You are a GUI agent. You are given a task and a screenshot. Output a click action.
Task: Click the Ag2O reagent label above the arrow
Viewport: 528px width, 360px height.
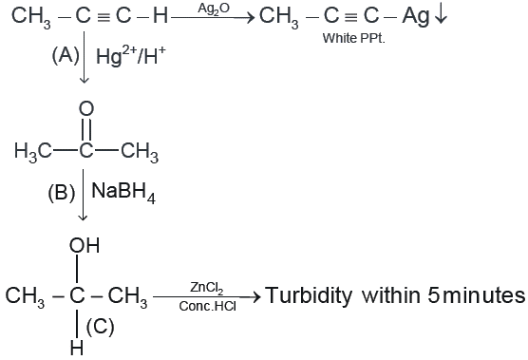click(x=214, y=9)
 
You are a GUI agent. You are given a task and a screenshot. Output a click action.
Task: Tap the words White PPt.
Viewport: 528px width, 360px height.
click(x=353, y=38)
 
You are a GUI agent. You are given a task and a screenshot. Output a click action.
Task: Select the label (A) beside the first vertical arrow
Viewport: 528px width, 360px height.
click(x=66, y=55)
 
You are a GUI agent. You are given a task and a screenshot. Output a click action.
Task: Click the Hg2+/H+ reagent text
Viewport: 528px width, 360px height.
click(x=131, y=55)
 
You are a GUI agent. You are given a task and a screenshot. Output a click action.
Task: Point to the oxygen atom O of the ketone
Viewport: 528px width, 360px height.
click(x=86, y=109)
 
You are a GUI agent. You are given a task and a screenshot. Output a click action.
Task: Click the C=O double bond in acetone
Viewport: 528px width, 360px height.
click(x=86, y=129)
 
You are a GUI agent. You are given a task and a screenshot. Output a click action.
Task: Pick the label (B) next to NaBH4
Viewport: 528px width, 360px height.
click(x=62, y=193)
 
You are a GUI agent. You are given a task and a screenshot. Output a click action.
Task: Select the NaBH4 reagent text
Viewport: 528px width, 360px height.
click(x=123, y=193)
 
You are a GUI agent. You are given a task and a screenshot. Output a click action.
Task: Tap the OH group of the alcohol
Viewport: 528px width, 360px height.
click(x=85, y=245)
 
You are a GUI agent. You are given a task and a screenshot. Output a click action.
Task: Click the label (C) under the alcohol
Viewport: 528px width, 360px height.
click(x=101, y=327)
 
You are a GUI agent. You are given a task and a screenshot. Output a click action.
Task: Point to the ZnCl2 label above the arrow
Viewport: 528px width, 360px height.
click(x=207, y=288)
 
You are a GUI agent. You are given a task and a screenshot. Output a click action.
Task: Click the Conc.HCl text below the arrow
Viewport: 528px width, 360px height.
click(x=208, y=306)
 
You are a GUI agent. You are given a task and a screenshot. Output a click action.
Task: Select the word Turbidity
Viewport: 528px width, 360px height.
click(x=309, y=295)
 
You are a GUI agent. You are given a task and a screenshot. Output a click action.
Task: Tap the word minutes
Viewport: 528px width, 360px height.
click(x=484, y=295)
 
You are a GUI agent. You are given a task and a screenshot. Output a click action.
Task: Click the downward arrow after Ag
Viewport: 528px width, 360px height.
click(x=441, y=16)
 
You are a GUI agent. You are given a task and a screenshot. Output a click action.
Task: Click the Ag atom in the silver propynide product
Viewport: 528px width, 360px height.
click(x=416, y=17)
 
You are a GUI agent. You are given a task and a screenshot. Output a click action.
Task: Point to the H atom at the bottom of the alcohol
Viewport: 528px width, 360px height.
click(x=77, y=348)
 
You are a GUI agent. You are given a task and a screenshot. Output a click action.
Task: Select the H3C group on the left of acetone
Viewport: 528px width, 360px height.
click(x=33, y=151)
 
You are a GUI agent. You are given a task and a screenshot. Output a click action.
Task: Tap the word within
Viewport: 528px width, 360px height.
click(x=391, y=295)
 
